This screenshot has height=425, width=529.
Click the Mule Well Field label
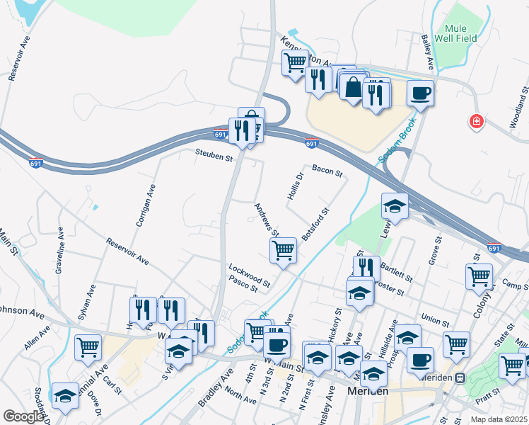pos(460,33)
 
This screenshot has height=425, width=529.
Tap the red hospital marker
pos(477,123)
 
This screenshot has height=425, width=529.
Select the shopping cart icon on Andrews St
pos(283,250)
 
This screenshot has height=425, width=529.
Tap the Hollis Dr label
pos(296,186)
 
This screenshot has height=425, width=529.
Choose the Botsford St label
pos(315,225)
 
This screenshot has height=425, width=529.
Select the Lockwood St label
pos(249,276)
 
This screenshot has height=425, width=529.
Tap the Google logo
pos(24,416)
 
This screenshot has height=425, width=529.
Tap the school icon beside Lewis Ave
pos(395,206)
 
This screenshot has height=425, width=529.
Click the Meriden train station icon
pos(460,378)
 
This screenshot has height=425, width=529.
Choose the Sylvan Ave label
pos(87,301)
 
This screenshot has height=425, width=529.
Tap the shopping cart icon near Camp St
pos(479,276)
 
